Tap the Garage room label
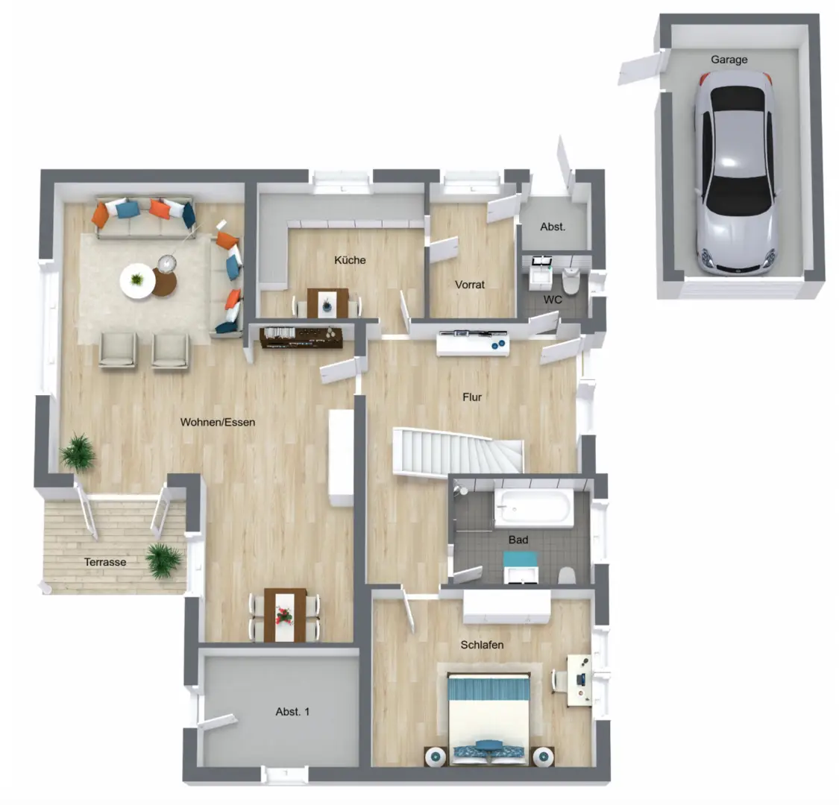729,60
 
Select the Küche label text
350,260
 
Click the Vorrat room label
470,285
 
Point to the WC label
552,300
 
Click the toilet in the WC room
571,281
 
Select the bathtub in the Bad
533,507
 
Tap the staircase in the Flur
458,452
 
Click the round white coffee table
137,280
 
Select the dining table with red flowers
285,615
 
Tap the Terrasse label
105,562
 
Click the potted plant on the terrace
165,560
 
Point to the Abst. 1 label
292,711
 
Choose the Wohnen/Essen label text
218,422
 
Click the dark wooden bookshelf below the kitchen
301,338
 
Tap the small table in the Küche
327,303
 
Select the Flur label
472,397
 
